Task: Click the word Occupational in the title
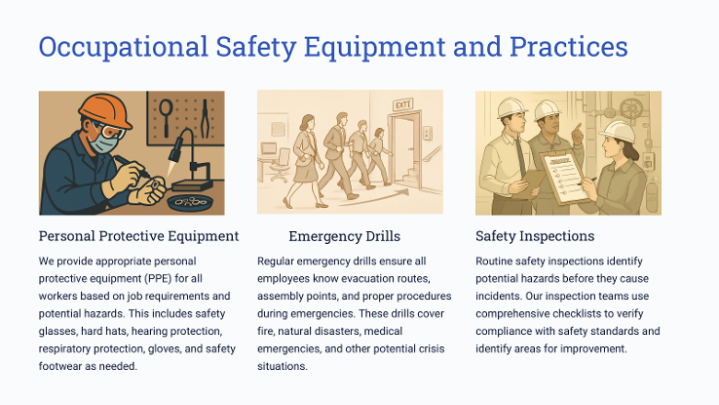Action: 124,47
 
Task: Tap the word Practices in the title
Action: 569,47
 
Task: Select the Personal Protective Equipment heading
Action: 138,236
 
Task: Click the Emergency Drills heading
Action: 344,236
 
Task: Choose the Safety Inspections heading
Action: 535,236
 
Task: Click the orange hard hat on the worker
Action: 106,110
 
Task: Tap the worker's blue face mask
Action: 102,142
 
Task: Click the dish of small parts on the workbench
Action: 191,202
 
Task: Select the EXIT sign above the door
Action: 402,104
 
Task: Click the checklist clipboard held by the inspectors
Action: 564,178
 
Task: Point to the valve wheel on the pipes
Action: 631,109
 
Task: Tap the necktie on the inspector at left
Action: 520,157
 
